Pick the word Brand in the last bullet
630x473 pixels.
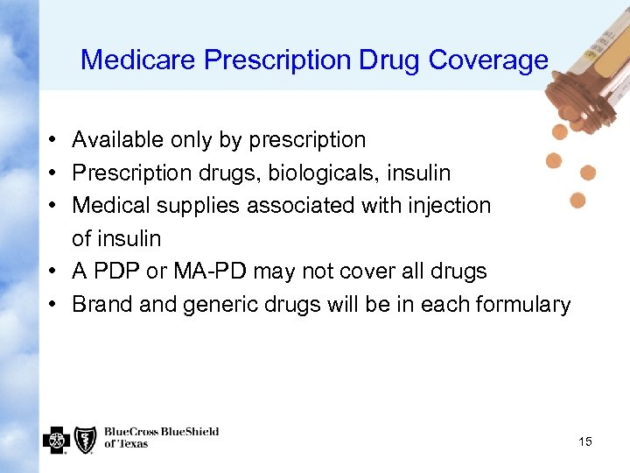[102, 304]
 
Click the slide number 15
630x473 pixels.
[585, 441]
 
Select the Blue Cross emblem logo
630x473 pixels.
[55, 439]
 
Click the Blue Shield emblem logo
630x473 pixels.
[85, 439]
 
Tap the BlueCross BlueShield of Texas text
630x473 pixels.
[161, 437]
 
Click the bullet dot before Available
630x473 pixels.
[53, 140]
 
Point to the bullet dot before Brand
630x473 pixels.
[53, 305]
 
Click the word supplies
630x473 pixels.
[199, 205]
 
